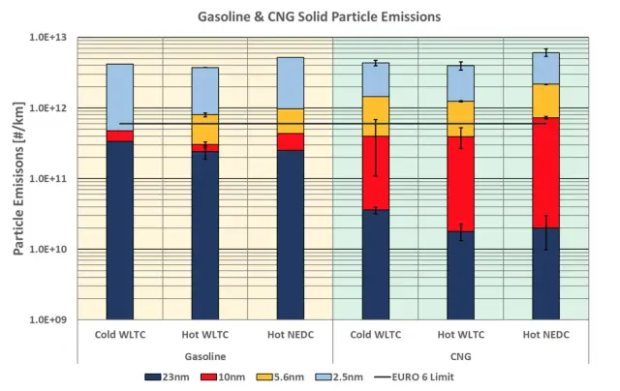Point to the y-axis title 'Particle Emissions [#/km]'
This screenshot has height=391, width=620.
19,178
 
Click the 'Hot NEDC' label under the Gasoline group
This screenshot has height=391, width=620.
290,336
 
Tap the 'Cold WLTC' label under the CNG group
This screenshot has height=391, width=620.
375,336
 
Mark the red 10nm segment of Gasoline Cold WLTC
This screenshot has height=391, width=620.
119,135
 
